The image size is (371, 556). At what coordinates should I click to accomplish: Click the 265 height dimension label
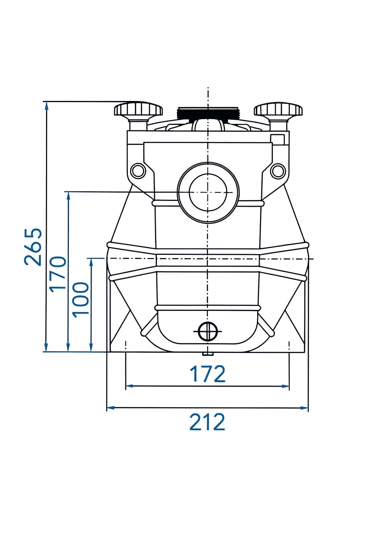pos(33,247)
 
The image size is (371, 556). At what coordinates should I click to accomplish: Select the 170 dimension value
pos(58,274)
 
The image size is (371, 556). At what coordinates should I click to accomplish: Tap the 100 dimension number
pos(80,300)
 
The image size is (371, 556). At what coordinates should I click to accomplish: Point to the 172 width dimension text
pos(207,374)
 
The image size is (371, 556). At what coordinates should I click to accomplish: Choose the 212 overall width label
pos(207,422)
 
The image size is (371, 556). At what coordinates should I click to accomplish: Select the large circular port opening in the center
pos(208,192)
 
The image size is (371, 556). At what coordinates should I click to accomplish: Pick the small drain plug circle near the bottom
pos(208,331)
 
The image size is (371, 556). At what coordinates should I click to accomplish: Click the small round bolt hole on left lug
pos(138,170)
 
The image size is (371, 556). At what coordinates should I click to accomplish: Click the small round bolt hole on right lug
pos(278,171)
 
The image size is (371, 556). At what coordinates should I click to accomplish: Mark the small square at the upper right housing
pos(277,139)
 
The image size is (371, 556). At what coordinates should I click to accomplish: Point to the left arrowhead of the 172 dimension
pos(129,386)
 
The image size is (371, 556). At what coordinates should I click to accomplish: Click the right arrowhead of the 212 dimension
pos(304,408)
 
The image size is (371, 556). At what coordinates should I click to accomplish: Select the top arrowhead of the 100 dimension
pos(91,262)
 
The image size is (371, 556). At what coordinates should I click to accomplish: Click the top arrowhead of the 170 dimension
pos(68,196)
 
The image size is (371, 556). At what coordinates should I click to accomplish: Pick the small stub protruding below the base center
pos(208,354)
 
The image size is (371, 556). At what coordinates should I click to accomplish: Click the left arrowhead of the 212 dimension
pos(111,408)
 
